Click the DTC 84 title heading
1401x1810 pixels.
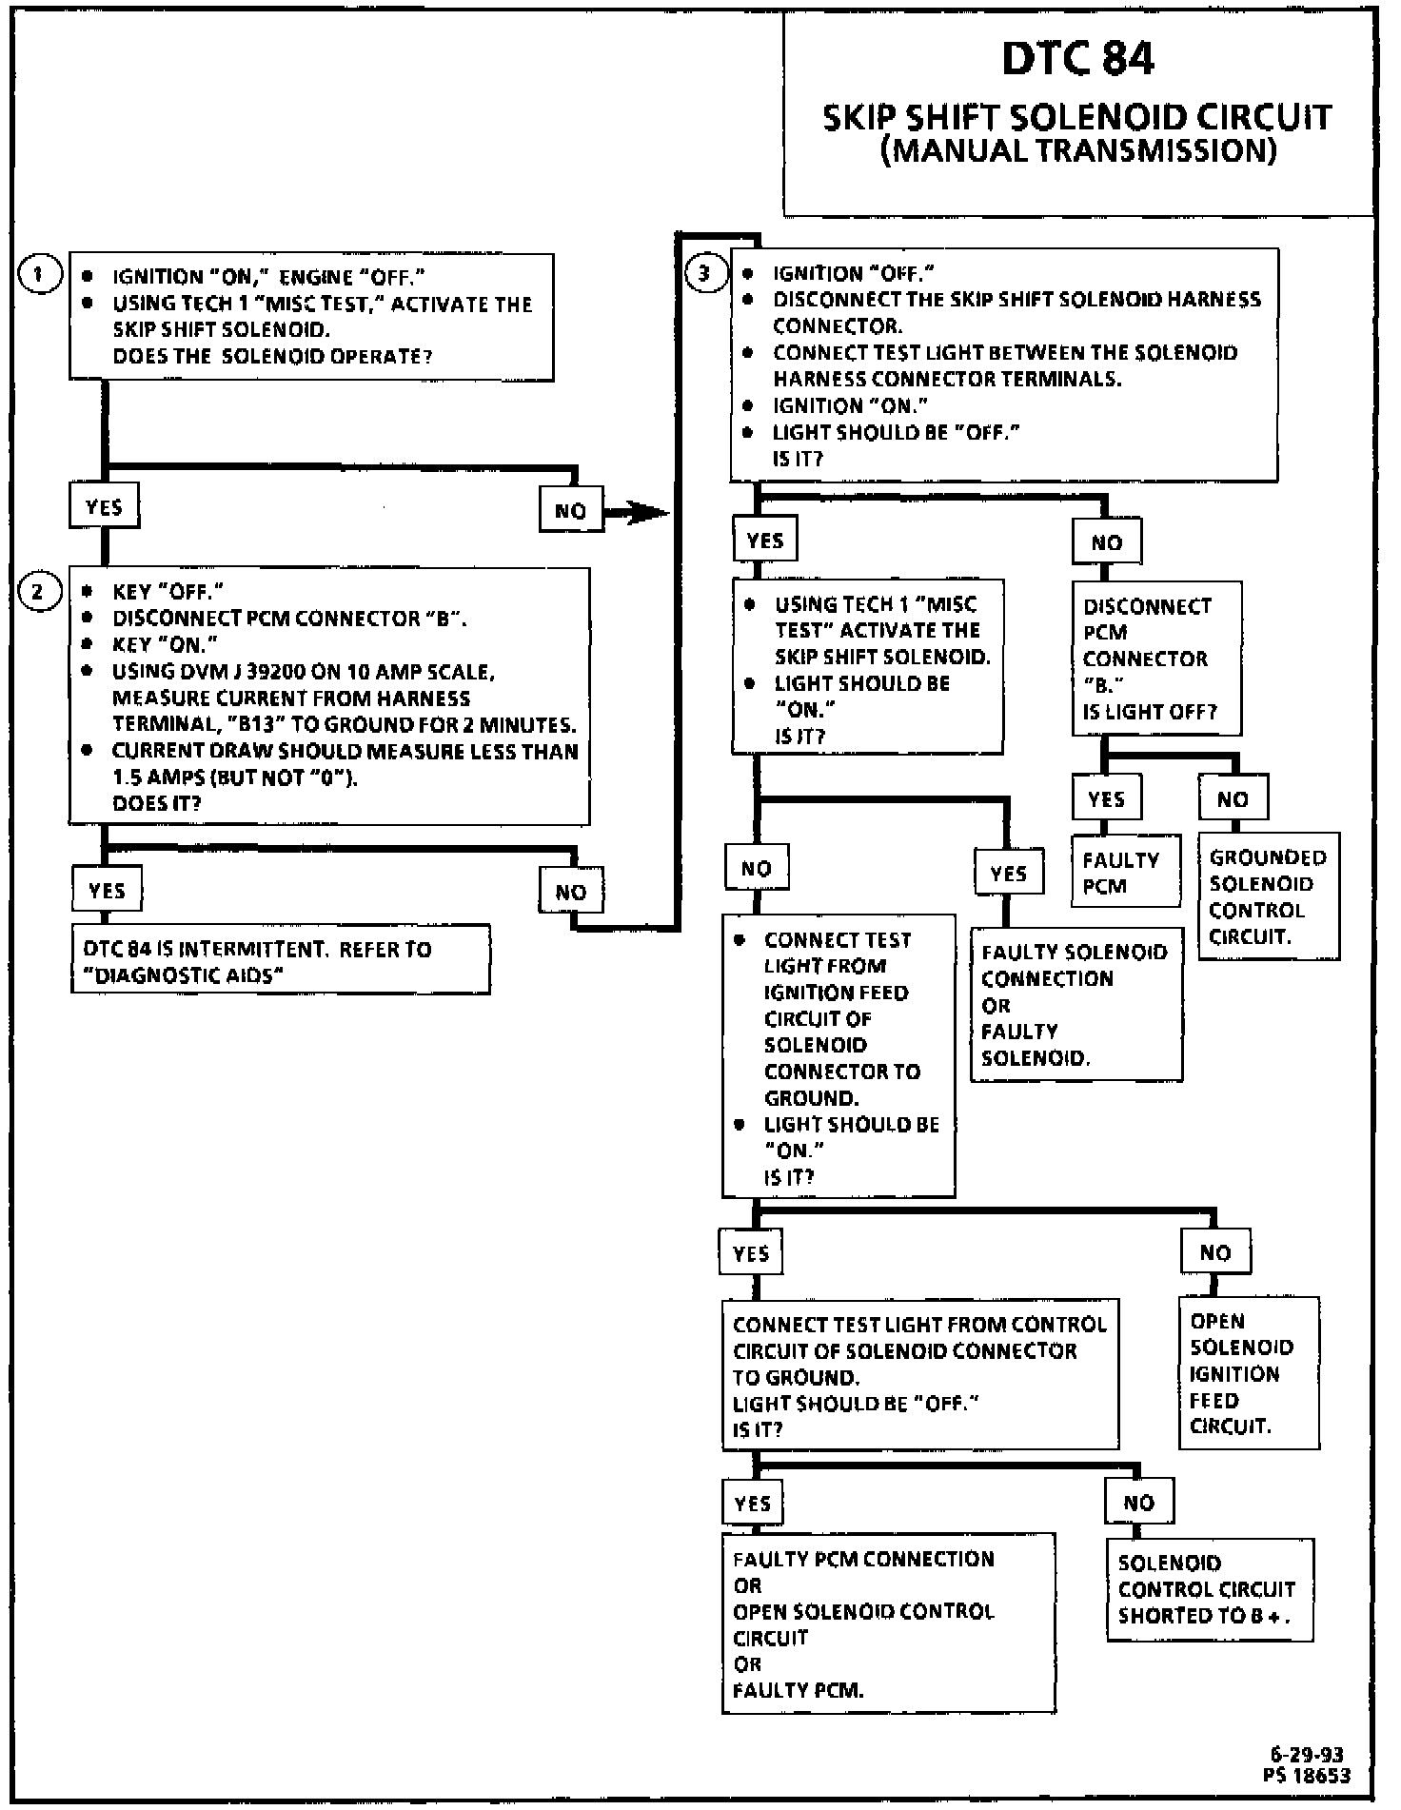(1077, 59)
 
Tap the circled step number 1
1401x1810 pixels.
(39, 276)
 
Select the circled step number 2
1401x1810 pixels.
(39, 592)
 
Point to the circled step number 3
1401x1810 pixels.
(704, 274)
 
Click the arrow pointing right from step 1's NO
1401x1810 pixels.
(638, 513)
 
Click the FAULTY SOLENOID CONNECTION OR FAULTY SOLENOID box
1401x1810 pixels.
(1076, 1005)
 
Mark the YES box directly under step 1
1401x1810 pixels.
(104, 506)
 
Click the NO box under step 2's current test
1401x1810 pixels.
(571, 892)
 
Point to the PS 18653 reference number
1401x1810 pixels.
(1308, 1774)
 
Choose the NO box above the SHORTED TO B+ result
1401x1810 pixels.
(1138, 1504)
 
